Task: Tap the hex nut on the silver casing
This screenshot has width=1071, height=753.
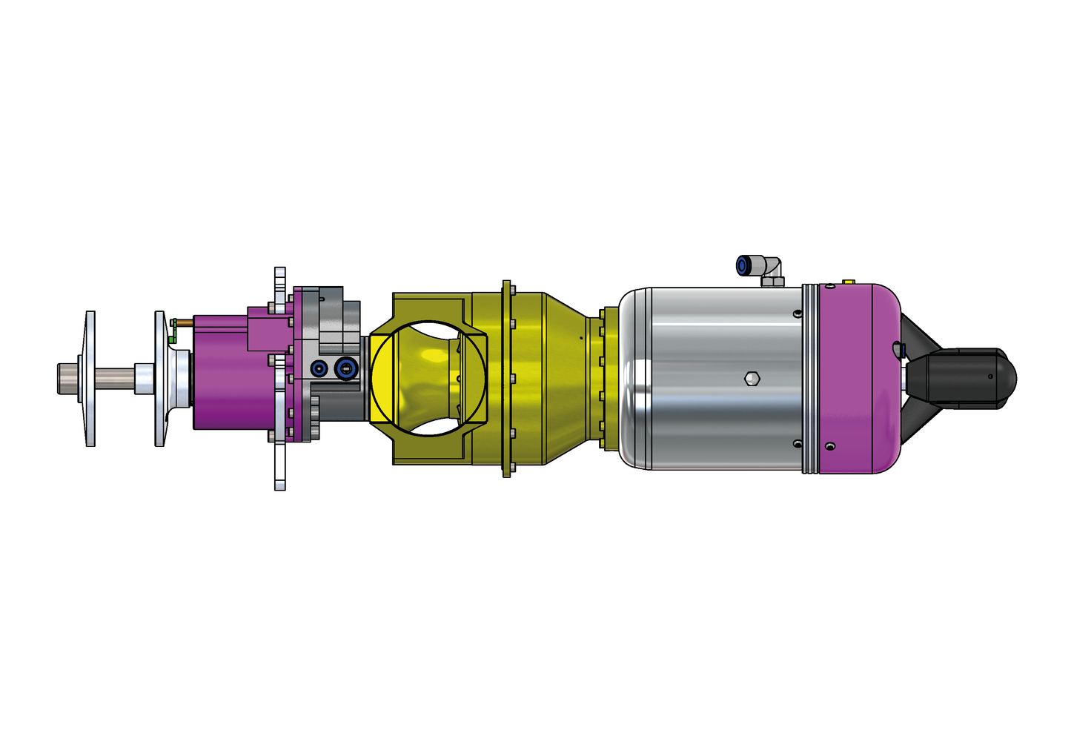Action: (x=752, y=378)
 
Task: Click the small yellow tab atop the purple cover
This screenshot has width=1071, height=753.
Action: (x=849, y=282)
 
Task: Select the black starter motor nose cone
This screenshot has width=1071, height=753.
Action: (x=971, y=378)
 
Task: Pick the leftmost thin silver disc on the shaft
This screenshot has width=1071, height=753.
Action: (x=90, y=379)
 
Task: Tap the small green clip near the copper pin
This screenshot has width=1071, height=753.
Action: (x=171, y=338)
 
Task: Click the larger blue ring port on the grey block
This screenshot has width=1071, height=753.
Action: (x=345, y=368)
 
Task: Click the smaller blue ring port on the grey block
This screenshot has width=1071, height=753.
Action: (x=319, y=368)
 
